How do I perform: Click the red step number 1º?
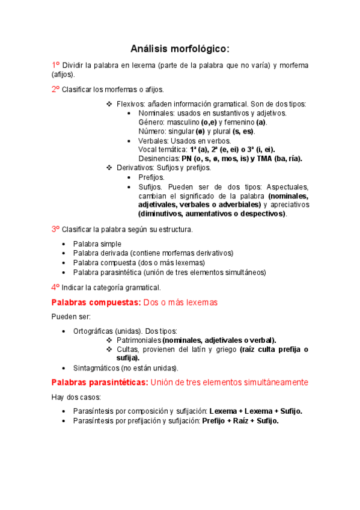(55, 65)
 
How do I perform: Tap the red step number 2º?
(55, 89)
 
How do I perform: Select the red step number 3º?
(55, 229)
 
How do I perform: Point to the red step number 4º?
(55, 287)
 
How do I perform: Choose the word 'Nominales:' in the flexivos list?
(156, 113)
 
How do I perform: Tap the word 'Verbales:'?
(154, 141)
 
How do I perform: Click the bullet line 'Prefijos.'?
(151, 177)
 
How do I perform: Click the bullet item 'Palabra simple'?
(97, 244)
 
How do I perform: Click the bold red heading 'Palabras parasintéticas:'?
(99, 382)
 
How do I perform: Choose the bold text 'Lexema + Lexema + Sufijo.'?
(255, 411)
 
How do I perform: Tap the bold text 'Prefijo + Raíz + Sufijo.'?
(240, 421)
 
